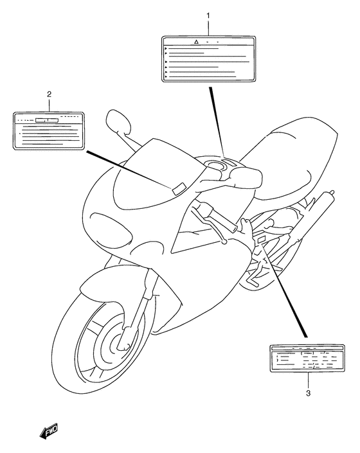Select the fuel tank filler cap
[x=218, y=169]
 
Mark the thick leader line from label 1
[x=216, y=122]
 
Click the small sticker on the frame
[x=262, y=240]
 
